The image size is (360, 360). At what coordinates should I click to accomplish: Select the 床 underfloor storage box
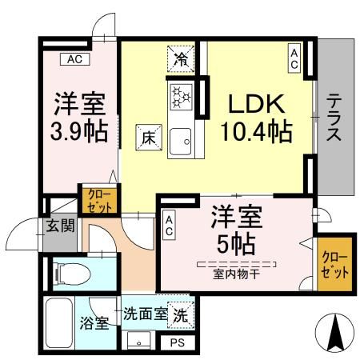click(148, 137)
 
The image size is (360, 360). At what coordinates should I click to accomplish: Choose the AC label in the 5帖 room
click(170, 225)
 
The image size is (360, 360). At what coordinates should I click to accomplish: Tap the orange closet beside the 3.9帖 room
click(98, 199)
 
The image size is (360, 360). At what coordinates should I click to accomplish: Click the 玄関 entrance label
click(58, 226)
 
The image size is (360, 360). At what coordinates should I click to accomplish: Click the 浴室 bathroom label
click(94, 324)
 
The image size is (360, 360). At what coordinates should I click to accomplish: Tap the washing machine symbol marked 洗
click(182, 314)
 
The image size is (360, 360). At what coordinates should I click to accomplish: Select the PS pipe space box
click(176, 342)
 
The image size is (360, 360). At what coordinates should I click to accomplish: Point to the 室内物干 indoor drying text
click(236, 275)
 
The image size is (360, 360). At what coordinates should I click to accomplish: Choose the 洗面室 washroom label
click(145, 314)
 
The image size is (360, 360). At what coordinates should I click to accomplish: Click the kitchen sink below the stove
click(179, 141)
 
